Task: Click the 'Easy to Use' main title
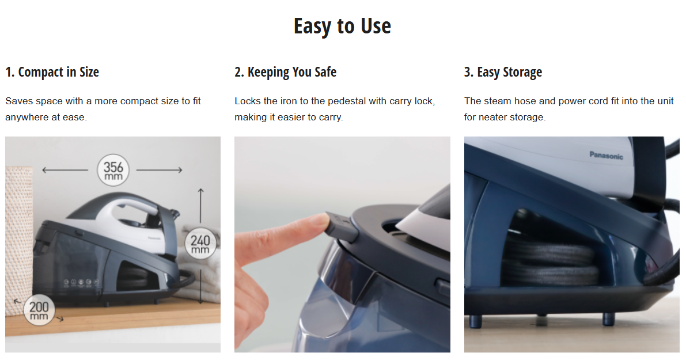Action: pyautogui.click(x=342, y=26)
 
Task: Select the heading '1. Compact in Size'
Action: pyautogui.click(x=52, y=72)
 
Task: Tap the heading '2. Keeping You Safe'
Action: pyautogui.click(x=285, y=72)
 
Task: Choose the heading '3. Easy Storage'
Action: pyautogui.click(x=503, y=72)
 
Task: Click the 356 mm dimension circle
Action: pyautogui.click(x=113, y=170)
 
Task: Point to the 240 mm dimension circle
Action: pyautogui.click(x=200, y=243)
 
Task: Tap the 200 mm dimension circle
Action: pyautogui.click(x=39, y=310)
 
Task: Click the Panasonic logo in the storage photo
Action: pyautogui.click(x=606, y=156)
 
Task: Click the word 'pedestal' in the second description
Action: pyautogui.click(x=347, y=101)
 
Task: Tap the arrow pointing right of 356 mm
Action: pyautogui.click(x=159, y=170)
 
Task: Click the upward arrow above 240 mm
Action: pyautogui.click(x=200, y=206)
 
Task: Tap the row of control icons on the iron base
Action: pyautogui.click(x=81, y=283)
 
